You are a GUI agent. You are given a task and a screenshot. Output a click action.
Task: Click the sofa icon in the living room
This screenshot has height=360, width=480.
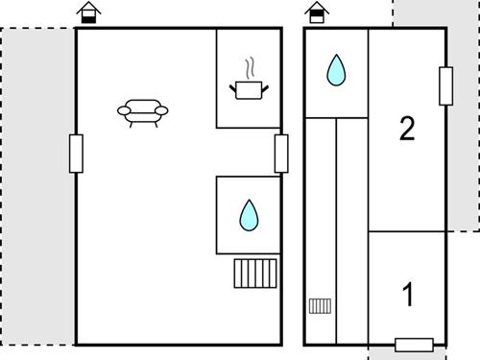(x=143, y=113)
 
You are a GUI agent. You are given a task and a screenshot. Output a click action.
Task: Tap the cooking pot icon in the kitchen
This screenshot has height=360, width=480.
(x=249, y=90)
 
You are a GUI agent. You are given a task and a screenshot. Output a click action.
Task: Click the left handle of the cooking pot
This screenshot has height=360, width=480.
(x=232, y=87)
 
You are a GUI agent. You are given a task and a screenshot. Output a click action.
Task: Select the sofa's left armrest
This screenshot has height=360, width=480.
(x=124, y=110)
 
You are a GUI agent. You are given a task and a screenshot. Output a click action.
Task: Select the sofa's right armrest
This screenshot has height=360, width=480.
(x=161, y=110)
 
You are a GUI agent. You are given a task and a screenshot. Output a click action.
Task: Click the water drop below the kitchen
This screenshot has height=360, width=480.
(x=249, y=215)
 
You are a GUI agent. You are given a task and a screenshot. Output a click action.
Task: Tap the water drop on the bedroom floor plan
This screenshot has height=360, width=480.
(x=336, y=70)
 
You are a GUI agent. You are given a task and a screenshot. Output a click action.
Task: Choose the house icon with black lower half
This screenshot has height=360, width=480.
(x=88, y=12)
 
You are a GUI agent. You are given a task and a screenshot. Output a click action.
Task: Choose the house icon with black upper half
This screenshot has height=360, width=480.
(x=317, y=12)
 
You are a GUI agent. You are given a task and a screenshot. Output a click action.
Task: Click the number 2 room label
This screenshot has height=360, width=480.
(x=407, y=129)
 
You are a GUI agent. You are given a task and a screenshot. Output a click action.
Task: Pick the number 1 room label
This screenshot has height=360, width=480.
(x=408, y=295)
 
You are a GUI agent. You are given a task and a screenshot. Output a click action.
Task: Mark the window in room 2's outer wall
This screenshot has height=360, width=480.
(x=445, y=86)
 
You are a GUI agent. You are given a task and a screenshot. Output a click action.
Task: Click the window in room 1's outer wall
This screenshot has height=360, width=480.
(x=414, y=345)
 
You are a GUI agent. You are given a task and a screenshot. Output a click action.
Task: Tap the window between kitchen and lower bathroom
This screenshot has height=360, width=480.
(x=281, y=154)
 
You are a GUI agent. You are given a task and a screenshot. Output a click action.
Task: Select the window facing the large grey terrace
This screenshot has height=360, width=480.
(x=76, y=154)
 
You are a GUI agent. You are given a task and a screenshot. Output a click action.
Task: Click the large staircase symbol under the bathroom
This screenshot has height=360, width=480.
(x=255, y=274)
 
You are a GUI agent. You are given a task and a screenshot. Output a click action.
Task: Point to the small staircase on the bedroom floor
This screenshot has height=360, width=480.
(x=320, y=306)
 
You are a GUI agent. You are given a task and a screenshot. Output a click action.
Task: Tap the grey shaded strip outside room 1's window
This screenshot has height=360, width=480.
(x=407, y=353)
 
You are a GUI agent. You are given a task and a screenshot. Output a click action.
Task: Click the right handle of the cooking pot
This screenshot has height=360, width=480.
(x=265, y=88)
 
